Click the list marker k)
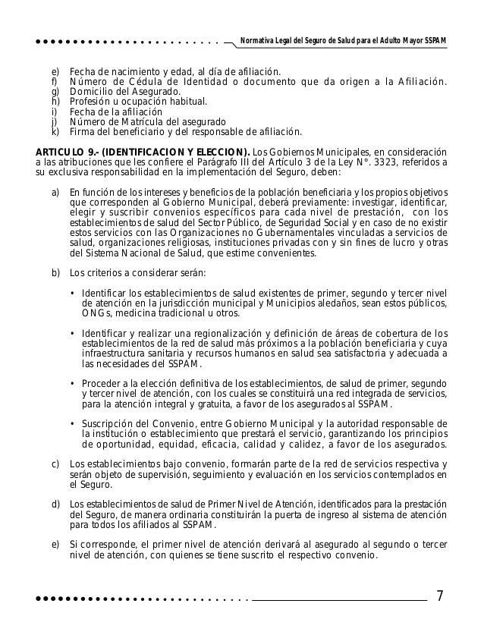coord(54,130)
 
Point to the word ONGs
coord(96,313)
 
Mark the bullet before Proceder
coord(71,383)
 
